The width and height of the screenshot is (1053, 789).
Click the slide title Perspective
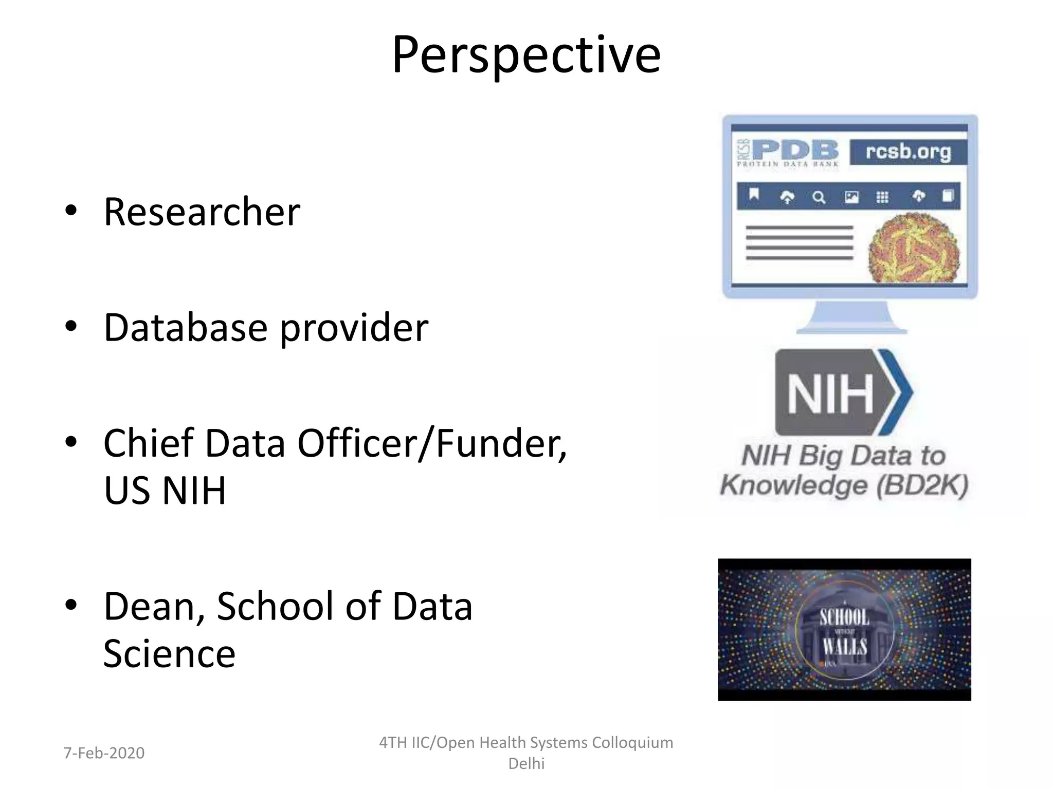526,54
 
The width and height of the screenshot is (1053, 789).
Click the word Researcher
202,212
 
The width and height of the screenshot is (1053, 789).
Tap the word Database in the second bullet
186,327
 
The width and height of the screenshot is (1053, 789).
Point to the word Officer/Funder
432,443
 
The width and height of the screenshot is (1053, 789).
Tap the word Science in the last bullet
169,653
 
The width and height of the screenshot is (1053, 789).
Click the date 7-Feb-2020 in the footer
104,753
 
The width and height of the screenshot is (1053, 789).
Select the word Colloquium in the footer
632,743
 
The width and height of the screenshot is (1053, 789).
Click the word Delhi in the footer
526,764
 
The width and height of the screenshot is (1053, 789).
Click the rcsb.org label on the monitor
908,152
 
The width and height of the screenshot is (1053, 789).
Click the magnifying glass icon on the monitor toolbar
819,197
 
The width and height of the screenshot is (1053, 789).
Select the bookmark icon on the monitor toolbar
754,195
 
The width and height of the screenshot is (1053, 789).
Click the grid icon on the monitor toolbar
882,197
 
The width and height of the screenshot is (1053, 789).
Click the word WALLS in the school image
844,647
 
